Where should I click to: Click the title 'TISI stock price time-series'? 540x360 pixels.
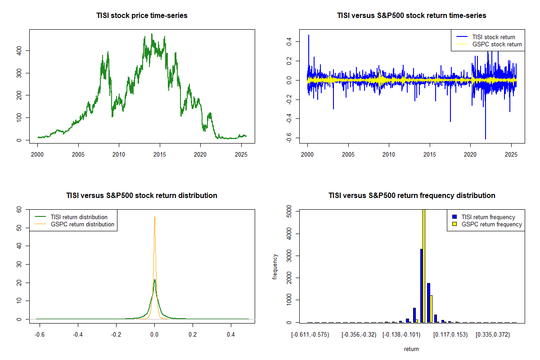tap(142, 15)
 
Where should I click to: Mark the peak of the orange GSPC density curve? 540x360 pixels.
tap(154, 216)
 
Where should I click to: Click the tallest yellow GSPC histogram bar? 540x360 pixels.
tap(424, 265)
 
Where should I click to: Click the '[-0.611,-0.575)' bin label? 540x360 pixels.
tap(310, 335)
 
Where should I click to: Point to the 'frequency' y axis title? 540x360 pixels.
tap(275, 267)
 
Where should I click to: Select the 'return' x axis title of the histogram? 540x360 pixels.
tap(411, 349)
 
